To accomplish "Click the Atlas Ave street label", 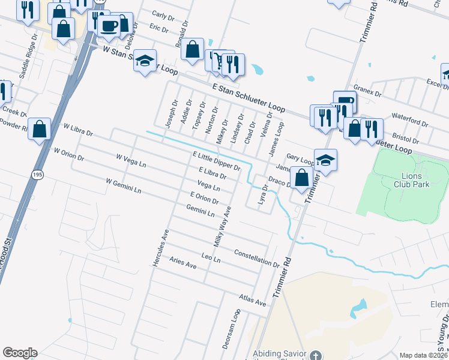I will (x=252, y=300).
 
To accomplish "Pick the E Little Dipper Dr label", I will (x=216, y=161).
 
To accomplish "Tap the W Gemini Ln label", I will (x=123, y=185).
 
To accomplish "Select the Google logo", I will (x=20, y=353).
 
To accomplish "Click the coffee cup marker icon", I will (x=109, y=25).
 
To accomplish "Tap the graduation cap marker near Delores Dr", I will (x=145, y=61).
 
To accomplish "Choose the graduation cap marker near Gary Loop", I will (x=325, y=160).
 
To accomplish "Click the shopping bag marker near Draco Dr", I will (x=302, y=178).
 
